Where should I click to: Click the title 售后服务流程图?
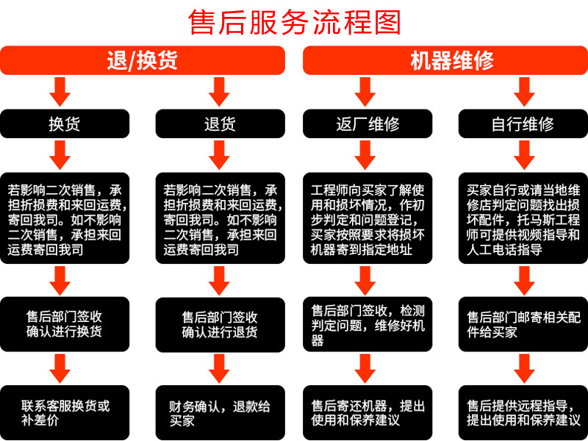pyautogui.click(x=294, y=22)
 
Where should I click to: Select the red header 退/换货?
pyautogui.click(x=143, y=60)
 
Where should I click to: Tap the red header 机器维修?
pyautogui.click(x=445, y=60)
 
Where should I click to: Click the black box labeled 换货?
pyautogui.click(x=64, y=123)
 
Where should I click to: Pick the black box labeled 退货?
pyautogui.click(x=220, y=123)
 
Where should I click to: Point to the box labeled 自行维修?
pyautogui.click(x=523, y=123)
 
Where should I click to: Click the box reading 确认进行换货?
pyautogui.click(x=64, y=324)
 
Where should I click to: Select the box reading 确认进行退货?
pyautogui.click(x=220, y=324)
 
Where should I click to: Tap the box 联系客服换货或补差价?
pyautogui.click(x=64, y=412)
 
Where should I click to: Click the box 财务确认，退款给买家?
pyautogui.click(x=220, y=412)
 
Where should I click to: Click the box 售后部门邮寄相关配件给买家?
pyautogui.click(x=523, y=324)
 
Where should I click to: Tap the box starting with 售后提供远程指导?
pyautogui.click(x=523, y=412)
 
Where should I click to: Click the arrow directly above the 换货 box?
pyautogui.click(x=60, y=91)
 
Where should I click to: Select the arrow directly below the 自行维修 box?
pyautogui.click(x=523, y=154)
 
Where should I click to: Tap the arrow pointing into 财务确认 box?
pyautogui.click(x=218, y=367)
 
